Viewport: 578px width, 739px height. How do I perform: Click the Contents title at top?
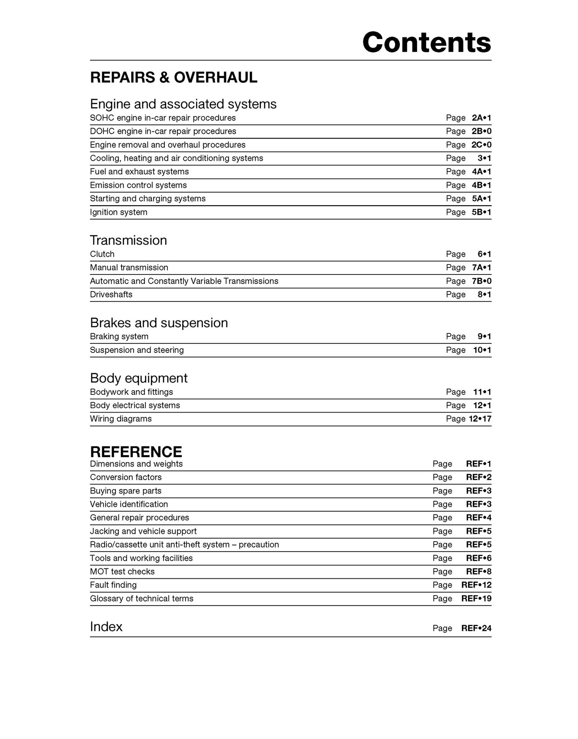(x=427, y=42)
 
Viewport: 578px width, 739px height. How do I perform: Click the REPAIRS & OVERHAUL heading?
(x=173, y=77)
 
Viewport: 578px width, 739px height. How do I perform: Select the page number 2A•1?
(x=482, y=118)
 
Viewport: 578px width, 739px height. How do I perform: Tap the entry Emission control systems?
(x=138, y=185)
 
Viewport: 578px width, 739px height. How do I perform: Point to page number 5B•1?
(x=482, y=212)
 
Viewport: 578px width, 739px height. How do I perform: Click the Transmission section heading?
(x=128, y=240)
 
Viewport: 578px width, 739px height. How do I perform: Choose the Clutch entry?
(x=102, y=254)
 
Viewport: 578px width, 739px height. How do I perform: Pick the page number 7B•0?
(x=482, y=281)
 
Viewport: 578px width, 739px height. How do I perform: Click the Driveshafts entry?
(x=111, y=294)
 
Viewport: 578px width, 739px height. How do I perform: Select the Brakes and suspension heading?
(x=159, y=323)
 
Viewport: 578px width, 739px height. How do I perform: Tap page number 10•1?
(x=482, y=350)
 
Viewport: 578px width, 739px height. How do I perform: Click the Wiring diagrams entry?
(x=121, y=419)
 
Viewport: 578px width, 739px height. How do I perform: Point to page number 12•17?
(x=480, y=419)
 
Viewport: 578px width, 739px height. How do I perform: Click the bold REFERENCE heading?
(x=136, y=452)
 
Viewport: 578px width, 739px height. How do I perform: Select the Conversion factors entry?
(x=126, y=477)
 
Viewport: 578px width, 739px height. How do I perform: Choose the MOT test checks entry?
(x=122, y=571)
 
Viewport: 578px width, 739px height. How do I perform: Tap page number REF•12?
(x=476, y=585)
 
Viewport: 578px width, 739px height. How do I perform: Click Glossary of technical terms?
(x=141, y=598)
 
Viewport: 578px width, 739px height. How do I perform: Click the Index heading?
(x=106, y=627)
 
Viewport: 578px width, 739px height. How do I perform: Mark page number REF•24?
(x=476, y=628)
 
